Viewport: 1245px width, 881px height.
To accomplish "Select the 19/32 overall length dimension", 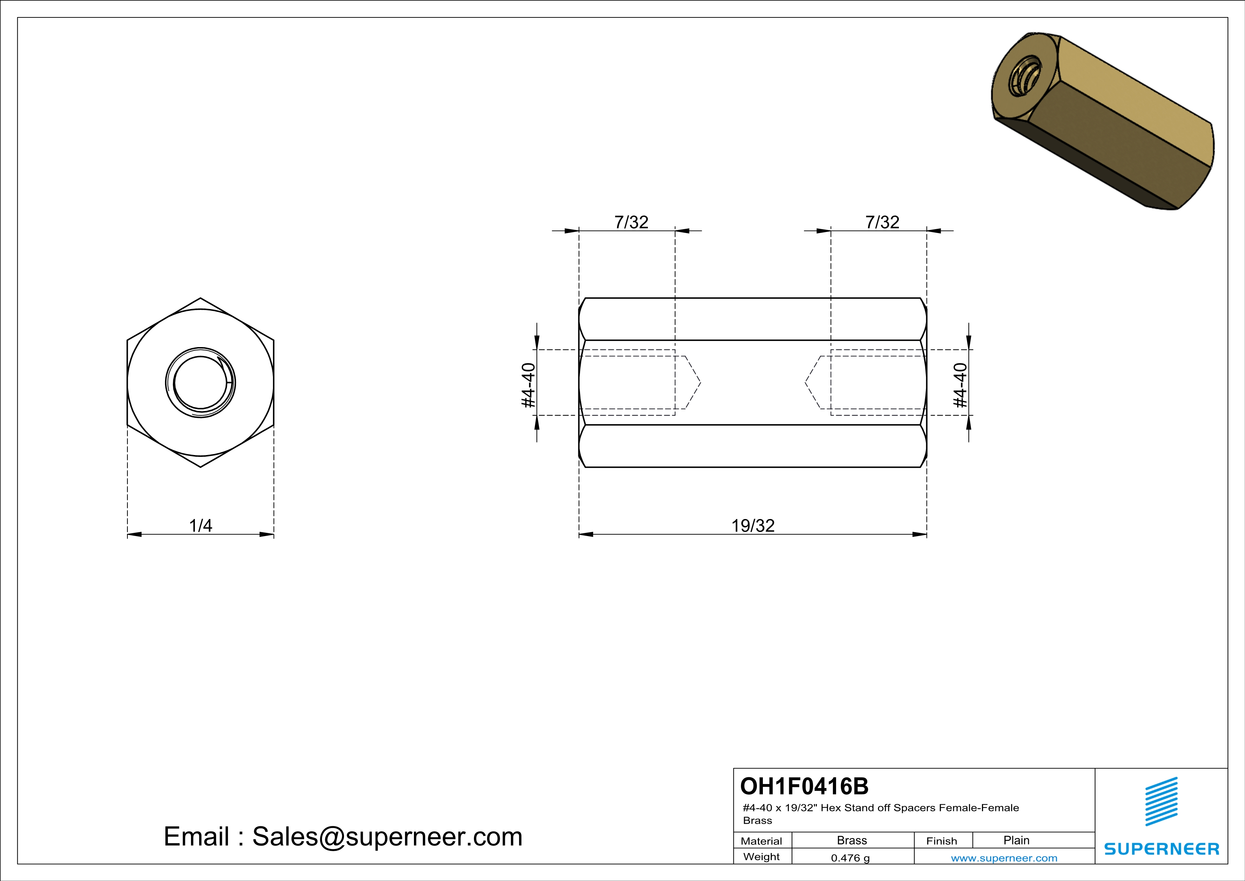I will point(753,526).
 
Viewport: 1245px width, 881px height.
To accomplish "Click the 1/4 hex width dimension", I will point(200,526).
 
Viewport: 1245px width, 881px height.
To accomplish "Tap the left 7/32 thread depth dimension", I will point(631,222).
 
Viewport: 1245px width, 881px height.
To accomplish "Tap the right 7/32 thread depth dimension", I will point(882,222).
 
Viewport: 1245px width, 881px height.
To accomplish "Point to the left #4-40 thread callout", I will point(528,385).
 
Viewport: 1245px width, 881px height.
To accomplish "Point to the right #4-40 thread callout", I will point(960,385).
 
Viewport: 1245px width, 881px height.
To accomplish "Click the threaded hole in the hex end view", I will point(200,383).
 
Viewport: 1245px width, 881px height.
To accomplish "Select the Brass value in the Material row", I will point(852,840).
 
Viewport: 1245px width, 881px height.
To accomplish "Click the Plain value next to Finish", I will point(1016,840).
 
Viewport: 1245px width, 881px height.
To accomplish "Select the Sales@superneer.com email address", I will point(387,837).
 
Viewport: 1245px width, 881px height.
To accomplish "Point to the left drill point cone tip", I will point(700,383).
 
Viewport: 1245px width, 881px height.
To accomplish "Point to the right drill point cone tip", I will point(806,383).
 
